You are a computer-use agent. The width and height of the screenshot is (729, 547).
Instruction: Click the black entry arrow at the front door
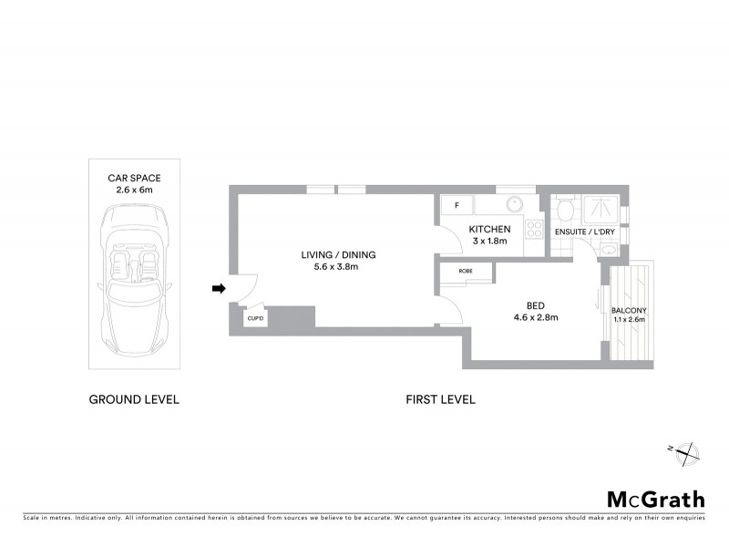[x=218, y=289]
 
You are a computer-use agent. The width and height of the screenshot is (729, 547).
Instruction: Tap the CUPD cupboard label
[x=254, y=318]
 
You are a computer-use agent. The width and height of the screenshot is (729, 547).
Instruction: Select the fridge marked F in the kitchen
[x=457, y=206]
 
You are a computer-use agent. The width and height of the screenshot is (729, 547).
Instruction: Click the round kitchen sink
[x=513, y=205]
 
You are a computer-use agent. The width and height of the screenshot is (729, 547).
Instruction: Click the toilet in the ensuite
[x=564, y=210]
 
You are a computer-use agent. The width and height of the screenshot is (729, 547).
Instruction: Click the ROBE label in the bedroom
[x=465, y=271]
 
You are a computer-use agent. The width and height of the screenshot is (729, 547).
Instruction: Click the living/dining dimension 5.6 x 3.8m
[x=339, y=267]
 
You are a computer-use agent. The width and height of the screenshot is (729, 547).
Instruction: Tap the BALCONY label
[x=629, y=310]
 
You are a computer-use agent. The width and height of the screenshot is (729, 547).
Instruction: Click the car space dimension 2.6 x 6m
[x=134, y=191]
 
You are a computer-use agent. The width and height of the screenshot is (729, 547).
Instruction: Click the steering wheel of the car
[x=147, y=264]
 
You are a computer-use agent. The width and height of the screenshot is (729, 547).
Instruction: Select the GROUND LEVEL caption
[x=134, y=399]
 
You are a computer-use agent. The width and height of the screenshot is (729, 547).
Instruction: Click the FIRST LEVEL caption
[x=440, y=399]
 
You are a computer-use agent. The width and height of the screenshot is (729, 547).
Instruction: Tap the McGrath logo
[x=656, y=499]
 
